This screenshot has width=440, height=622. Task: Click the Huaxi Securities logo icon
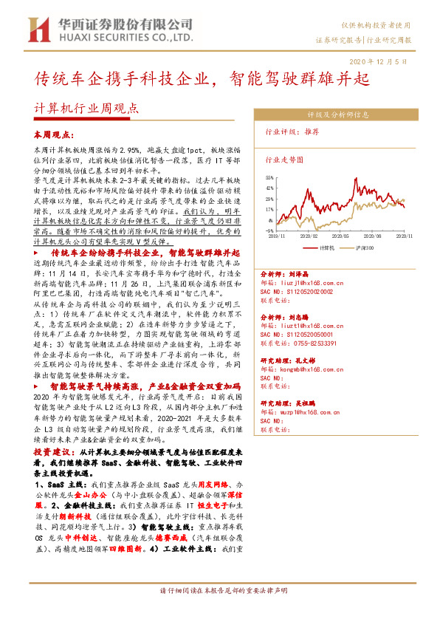click(x=36, y=30)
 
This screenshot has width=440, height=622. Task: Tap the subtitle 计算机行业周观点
click(x=86, y=109)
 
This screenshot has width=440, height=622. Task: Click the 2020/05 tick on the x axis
click(x=339, y=236)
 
